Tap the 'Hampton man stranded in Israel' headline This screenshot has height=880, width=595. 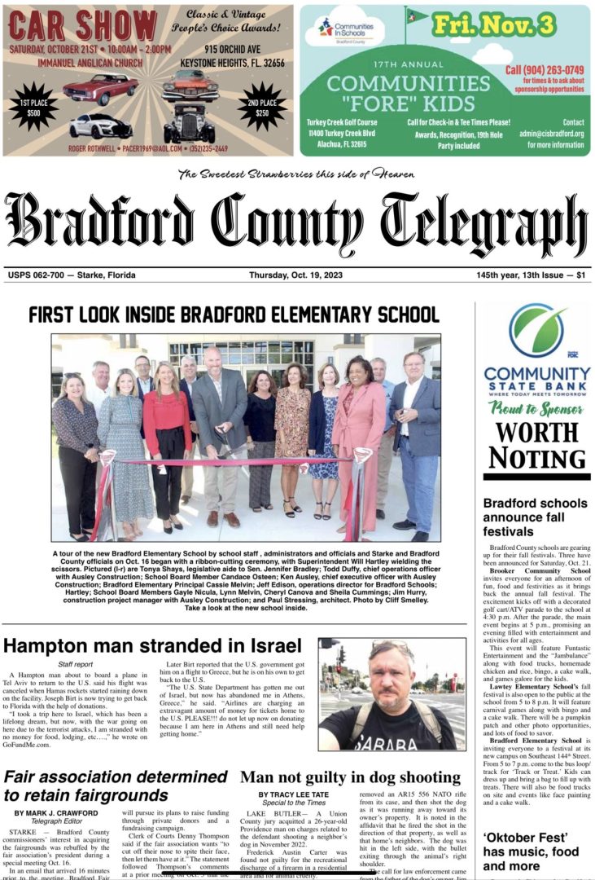click(x=152, y=646)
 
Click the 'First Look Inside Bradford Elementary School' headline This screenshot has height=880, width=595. click(x=234, y=315)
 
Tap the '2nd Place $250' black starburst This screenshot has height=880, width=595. click(x=262, y=106)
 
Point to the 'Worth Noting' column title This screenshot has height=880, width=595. click(x=536, y=445)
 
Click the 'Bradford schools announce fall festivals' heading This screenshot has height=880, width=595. click(x=535, y=517)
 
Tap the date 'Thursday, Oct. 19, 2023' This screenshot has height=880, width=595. click(x=295, y=275)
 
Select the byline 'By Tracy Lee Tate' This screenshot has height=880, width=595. click(x=297, y=794)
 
